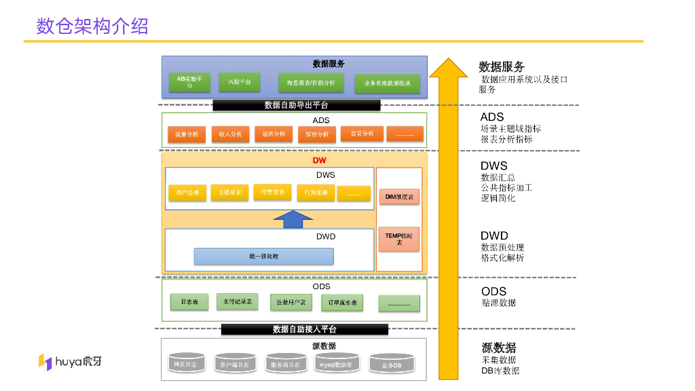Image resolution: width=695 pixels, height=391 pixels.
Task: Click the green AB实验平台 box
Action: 189,82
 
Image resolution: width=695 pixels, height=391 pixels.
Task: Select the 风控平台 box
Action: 239,82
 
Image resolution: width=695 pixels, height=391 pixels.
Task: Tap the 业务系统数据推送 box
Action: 387,83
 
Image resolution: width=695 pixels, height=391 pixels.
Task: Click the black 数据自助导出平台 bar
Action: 296,105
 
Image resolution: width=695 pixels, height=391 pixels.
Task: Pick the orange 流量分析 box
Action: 187,134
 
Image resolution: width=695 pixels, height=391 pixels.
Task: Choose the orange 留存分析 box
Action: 316,134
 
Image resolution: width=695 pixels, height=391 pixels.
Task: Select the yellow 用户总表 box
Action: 187,193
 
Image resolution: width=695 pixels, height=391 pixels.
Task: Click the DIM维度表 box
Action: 399,197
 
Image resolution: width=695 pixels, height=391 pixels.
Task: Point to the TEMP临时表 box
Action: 399,238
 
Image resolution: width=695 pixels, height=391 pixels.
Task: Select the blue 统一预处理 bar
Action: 263,257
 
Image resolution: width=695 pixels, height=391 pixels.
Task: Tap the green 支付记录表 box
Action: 238,301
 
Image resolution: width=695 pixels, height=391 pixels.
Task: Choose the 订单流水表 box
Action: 342,302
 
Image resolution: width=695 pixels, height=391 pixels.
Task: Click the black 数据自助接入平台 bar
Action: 304,329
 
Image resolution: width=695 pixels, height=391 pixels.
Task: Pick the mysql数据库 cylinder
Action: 336,362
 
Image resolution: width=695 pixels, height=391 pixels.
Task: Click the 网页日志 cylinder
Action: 185,363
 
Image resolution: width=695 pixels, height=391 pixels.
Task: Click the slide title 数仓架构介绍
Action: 92,26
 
